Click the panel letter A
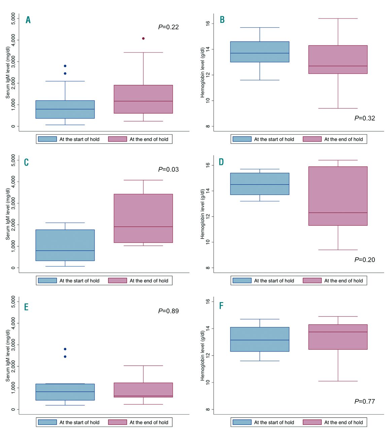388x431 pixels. [x=28, y=20]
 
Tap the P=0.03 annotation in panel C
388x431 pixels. [x=168, y=169]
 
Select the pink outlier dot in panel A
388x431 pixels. [x=143, y=38]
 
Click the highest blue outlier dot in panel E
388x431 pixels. [x=65, y=349]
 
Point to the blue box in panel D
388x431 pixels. [x=259, y=184]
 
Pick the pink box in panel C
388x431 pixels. [x=143, y=218]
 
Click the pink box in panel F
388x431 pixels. [x=338, y=337]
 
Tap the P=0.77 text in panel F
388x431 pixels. [x=364, y=401]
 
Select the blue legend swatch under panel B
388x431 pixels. [x=242, y=139]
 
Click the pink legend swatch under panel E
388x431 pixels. [x=117, y=422]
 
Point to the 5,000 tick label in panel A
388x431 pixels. [x=13, y=19]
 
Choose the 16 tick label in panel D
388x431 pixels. [x=208, y=165]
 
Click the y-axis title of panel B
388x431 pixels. [x=203, y=72]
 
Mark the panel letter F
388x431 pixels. [x=221, y=305]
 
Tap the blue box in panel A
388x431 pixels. [x=65, y=109]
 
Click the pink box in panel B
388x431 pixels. [x=338, y=60]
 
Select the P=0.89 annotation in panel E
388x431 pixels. [x=168, y=311]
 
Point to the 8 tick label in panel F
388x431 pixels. [x=208, y=409]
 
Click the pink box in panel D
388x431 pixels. [x=338, y=196]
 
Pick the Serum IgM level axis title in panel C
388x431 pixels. [x=8, y=214]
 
